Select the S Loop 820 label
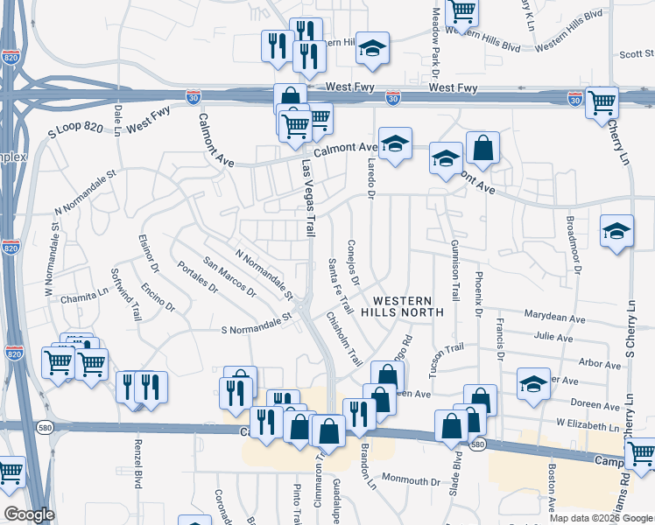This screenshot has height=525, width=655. point(74,135)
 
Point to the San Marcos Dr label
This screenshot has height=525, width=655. point(229,276)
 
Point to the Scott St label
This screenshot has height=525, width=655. point(636,53)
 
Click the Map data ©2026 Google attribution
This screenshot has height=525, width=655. point(602,518)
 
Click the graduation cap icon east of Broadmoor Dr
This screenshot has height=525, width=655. point(616,232)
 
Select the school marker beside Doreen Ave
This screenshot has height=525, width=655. point(532,383)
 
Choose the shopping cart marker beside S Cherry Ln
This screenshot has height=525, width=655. point(602,103)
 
